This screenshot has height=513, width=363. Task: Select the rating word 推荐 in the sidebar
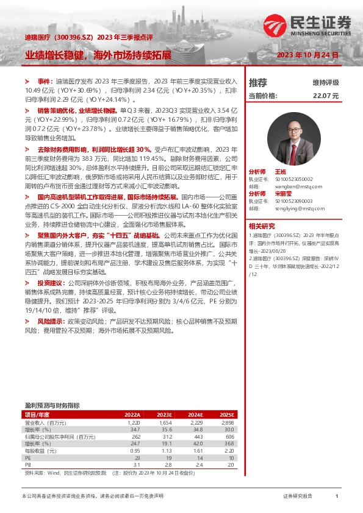[x=258, y=82]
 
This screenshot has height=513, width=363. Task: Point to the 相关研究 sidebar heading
[x=262, y=225]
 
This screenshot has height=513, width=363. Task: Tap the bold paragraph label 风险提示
[x=49, y=320]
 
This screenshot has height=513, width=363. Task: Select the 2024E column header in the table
[x=193, y=414]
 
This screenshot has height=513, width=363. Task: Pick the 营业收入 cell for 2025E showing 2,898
[x=228, y=422]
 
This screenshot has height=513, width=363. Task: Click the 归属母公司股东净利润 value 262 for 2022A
[x=135, y=436]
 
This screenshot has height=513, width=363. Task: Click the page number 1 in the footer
[x=337, y=497]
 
